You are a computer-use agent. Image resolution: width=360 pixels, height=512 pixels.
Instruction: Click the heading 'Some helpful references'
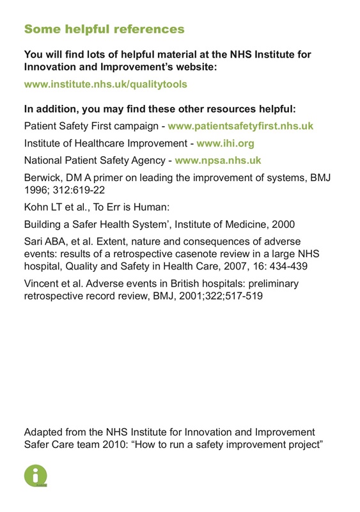[x=104, y=29]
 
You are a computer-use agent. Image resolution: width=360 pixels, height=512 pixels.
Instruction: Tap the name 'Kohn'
[x=36, y=207]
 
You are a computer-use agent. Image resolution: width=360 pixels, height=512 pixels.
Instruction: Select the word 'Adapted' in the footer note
[x=46, y=433]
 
